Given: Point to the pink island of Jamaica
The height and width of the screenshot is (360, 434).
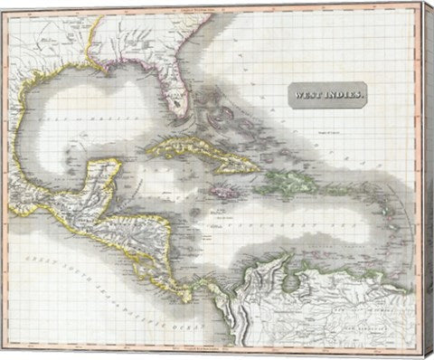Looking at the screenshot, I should [x=221, y=192].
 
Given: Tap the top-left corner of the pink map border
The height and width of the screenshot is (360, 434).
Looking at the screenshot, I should [x=8, y=8].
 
